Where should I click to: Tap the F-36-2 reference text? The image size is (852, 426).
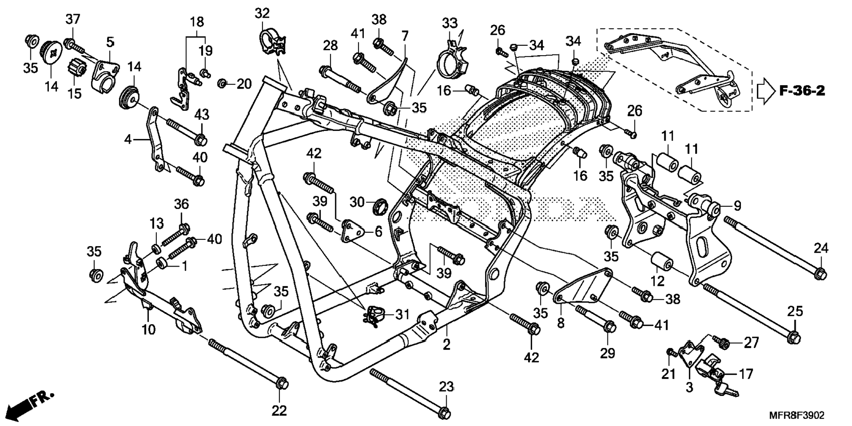[x=802, y=91]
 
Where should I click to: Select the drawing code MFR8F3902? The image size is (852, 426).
[x=796, y=415]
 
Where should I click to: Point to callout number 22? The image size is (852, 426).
[x=279, y=410]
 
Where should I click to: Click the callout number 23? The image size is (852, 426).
[x=446, y=387]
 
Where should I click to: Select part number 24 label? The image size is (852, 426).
[x=821, y=248]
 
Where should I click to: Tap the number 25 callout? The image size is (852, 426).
[x=795, y=311]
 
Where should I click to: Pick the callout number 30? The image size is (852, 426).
[x=357, y=202]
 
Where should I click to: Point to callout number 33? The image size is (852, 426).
[x=450, y=23]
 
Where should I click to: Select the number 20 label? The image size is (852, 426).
[x=244, y=84]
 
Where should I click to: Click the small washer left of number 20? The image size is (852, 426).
[x=223, y=83]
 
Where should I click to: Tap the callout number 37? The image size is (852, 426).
[x=73, y=19]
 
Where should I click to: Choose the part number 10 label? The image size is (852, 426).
[x=148, y=329]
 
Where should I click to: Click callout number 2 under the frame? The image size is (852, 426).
[x=447, y=345]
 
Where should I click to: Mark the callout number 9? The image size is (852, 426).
[x=737, y=206]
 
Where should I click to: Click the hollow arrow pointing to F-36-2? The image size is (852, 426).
[x=766, y=91]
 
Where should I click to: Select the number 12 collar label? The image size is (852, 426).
[x=657, y=280]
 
